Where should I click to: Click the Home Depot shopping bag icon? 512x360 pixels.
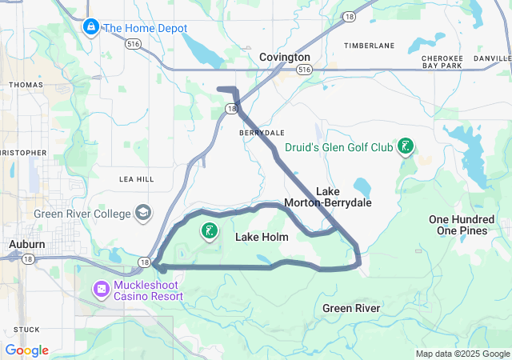click(91, 28)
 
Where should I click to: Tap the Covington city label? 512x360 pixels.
click(284, 58)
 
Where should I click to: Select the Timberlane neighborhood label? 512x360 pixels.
click(369, 46)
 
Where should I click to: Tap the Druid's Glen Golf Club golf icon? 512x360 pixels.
click(407, 146)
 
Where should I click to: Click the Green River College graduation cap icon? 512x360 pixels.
click(142, 213)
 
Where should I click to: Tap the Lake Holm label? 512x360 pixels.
click(261, 238)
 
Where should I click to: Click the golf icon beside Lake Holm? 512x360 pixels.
click(210, 232)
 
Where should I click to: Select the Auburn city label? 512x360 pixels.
click(26, 243)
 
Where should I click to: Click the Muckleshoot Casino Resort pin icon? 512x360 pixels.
click(103, 288)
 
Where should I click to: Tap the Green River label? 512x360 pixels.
click(351, 308)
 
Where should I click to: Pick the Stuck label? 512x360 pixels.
click(26, 329)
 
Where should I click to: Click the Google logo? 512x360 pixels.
click(26, 350)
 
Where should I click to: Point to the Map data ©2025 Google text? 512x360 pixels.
click(462, 354)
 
